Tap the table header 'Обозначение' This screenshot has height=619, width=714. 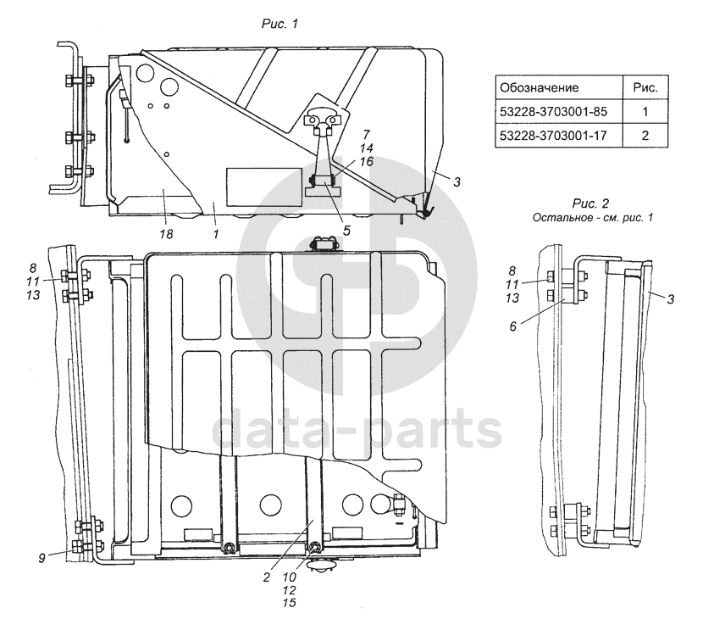tap(540, 87)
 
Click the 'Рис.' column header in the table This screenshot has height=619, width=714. tap(645, 87)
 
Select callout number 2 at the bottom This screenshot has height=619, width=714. tap(266, 577)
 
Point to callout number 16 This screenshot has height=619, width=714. tap(367, 161)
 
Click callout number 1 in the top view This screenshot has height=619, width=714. tap(217, 231)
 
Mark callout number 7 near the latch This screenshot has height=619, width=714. tap(367, 135)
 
